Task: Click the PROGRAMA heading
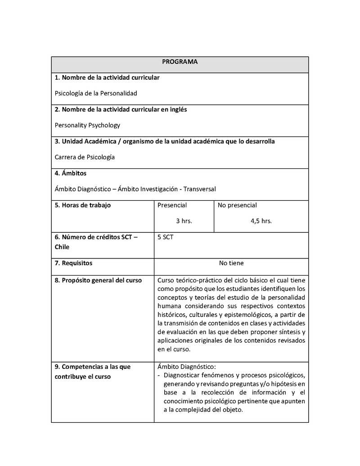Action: coord(180,62)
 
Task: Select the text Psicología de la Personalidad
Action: coord(95,94)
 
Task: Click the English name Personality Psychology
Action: coord(87,126)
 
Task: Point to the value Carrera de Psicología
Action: coord(85,157)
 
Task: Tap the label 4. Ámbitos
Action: coord(71,173)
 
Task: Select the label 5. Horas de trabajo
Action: coord(82,205)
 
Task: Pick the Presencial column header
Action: coord(172,205)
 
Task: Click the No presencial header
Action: coord(237,205)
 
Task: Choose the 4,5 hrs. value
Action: coord(261,221)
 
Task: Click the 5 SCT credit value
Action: coord(165,237)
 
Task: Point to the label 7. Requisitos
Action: coord(73,263)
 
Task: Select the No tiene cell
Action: coord(231,263)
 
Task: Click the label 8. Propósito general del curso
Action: coord(98,281)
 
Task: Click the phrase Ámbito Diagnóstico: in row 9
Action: coord(187,366)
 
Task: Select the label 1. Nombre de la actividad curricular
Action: coord(107,78)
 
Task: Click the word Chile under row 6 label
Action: coord(62,247)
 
